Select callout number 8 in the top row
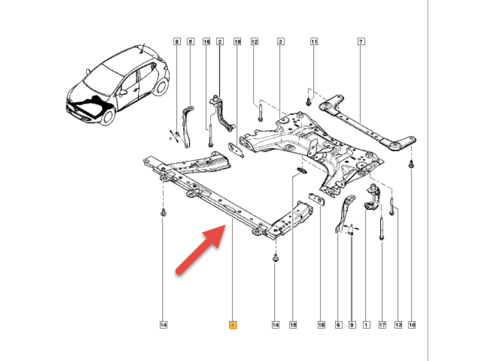coord(177,42)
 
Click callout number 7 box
coord(360,42)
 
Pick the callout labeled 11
coord(313,42)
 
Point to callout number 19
coord(237,42)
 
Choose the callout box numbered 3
coord(280,42)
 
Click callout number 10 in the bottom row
coord(412,326)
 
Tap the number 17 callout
coord(382,326)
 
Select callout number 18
coord(321,326)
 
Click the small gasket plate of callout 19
coord(236,147)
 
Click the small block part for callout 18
coord(316,199)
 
